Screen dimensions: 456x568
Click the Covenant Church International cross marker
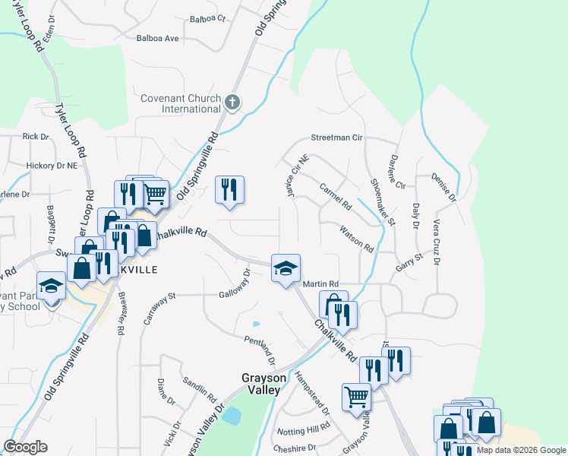click(233, 101)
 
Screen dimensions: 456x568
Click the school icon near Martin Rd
click(286, 268)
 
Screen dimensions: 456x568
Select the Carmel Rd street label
click(336, 196)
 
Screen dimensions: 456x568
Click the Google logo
click(25, 447)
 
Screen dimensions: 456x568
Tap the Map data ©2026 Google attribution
click(521, 450)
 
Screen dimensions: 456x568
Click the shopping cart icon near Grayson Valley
click(356, 396)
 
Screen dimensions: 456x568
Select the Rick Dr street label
click(36, 137)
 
